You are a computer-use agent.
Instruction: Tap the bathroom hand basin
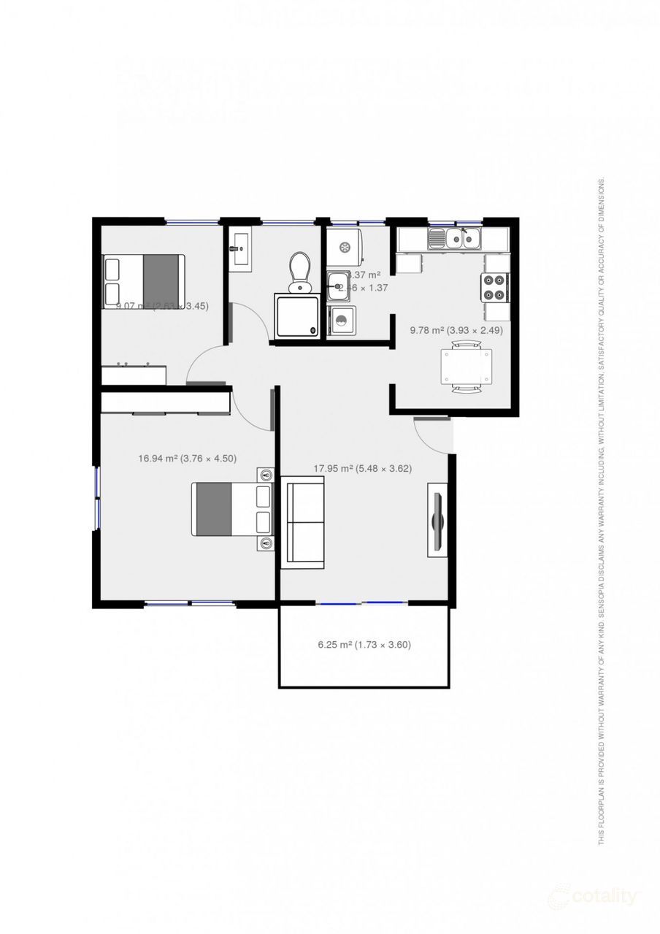pos(239,249)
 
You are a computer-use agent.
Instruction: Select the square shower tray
pos(296,315)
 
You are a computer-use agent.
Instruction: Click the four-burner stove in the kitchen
pos(494,286)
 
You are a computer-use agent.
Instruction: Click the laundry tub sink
pos(339,286)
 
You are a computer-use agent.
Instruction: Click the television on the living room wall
pos(437,521)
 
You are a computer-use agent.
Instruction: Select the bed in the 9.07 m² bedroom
pos(143,281)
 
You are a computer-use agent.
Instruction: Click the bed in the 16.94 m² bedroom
pos(231,509)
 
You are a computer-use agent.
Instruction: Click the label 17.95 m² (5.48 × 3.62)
pos(363,469)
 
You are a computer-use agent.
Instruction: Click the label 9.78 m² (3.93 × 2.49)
pos(456,330)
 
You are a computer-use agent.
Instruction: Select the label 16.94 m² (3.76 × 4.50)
pos(187,459)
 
